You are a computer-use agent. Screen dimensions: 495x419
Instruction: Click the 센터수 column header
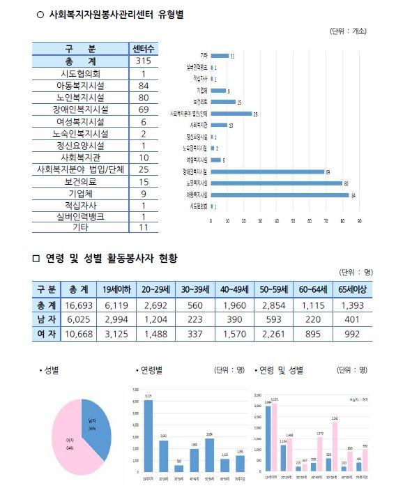pyautogui.click(x=143, y=49)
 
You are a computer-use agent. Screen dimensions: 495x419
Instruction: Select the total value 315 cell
pyautogui.click(x=143, y=61)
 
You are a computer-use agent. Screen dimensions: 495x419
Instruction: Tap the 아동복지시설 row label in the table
pyautogui.click(x=80, y=86)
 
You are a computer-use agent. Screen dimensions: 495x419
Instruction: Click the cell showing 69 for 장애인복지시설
pyautogui.click(x=143, y=109)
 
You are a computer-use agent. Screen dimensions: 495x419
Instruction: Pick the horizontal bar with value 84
pyautogui.click(x=280, y=195)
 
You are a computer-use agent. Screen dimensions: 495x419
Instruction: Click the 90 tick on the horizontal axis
pyautogui.click(x=359, y=220)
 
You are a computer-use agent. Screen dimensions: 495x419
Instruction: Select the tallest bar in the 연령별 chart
pyautogui.click(x=148, y=436)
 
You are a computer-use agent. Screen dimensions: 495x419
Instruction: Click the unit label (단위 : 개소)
pyautogui.click(x=347, y=31)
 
